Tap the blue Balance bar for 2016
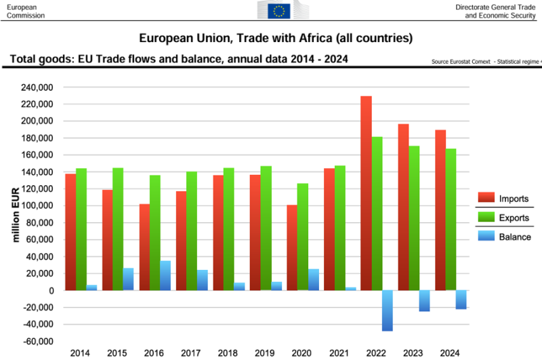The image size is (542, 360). pos(165,275)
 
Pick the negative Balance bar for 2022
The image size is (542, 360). pos(387,311)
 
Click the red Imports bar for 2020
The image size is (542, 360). pos(292,247)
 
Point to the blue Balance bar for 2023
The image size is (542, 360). pos(424,300)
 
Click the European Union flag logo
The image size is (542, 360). pos(279,10)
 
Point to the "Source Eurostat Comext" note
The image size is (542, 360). pos(461,62)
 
